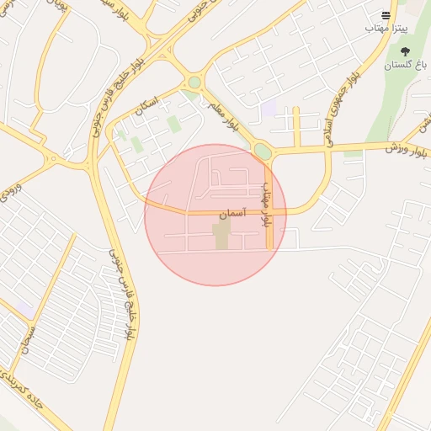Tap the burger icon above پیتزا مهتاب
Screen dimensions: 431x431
[386, 15]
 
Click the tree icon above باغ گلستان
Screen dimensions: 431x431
[405, 51]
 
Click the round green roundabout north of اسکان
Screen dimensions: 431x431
[194, 82]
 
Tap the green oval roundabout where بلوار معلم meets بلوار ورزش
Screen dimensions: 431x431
[263, 152]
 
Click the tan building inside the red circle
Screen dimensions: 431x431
[221, 236]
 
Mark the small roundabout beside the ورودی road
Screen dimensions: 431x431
[53, 158]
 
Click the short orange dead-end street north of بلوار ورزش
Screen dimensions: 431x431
[296, 126]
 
